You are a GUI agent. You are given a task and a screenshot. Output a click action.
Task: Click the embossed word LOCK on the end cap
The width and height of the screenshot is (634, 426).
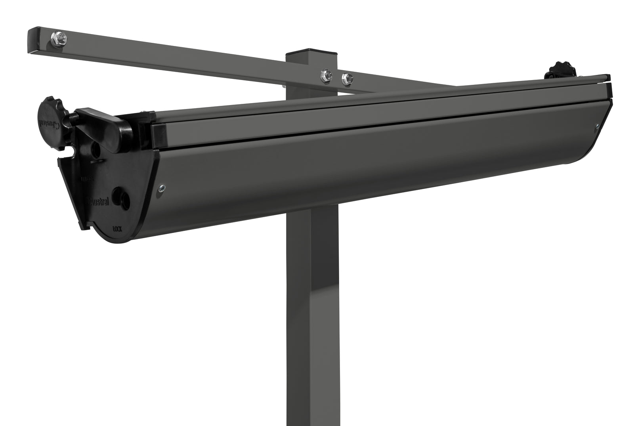[x=117, y=229]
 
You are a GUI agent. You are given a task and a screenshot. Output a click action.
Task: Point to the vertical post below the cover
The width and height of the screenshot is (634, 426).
[x=312, y=317]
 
